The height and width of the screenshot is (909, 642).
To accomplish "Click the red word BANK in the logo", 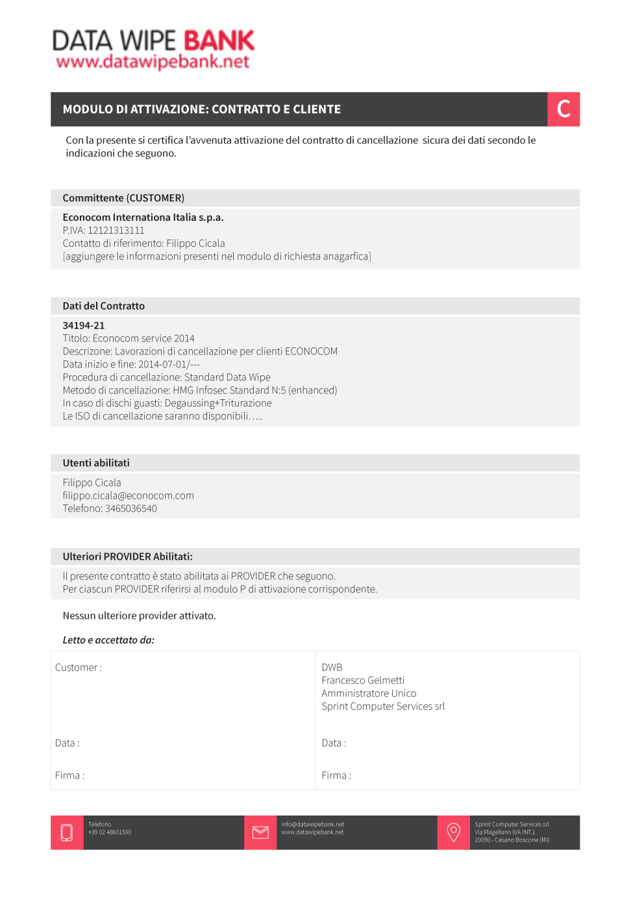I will click(219, 41).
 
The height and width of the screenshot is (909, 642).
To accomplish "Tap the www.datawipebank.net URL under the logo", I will click(153, 62).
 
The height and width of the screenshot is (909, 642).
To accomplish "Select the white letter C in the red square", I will click(563, 109).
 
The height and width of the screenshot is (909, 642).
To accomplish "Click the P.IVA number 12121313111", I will click(116, 230).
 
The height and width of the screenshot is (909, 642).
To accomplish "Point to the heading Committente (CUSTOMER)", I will click(123, 198).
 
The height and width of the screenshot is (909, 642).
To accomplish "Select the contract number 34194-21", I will click(83, 325).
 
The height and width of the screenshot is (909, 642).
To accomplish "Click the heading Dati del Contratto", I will click(104, 306).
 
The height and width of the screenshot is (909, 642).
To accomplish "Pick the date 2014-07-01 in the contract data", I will click(163, 364).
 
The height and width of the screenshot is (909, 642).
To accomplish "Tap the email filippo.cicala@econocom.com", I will click(128, 495).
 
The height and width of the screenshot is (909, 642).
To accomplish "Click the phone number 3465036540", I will click(131, 508).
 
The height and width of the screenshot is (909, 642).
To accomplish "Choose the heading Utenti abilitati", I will click(96, 463).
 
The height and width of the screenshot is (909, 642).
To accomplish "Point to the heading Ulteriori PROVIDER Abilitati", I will click(127, 556).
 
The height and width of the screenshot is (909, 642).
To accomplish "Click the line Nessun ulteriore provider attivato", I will click(139, 616).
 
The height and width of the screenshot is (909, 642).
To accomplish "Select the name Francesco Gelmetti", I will click(363, 680).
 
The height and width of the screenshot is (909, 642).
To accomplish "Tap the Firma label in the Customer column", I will click(69, 775).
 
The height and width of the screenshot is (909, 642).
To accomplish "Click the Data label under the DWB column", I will click(333, 743).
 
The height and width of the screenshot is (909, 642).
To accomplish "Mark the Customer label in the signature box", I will click(77, 667).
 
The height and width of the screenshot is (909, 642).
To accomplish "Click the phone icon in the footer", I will click(67, 832).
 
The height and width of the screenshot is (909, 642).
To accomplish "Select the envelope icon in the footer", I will click(260, 832).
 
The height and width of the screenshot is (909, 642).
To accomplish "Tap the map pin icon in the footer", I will click(454, 832).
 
